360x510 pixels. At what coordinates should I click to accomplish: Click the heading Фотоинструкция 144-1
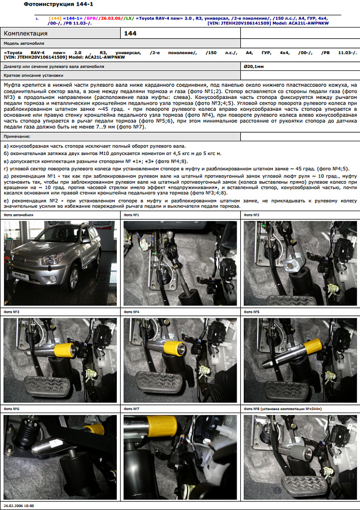click(59, 5)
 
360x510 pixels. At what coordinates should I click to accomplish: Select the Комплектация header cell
click(61, 33)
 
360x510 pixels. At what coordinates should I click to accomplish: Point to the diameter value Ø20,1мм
click(253, 66)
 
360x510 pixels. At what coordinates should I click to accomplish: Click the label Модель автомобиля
click(24, 43)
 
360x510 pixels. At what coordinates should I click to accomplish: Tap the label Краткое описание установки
click(34, 75)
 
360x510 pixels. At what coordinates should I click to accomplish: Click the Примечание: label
click(17, 137)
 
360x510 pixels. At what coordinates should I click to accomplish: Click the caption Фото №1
click(132, 215)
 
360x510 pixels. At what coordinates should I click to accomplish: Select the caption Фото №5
click(252, 312)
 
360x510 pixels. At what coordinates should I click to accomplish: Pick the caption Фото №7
click(132, 409)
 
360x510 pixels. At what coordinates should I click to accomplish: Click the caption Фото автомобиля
click(18, 215)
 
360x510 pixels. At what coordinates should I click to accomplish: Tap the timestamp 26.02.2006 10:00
click(19, 506)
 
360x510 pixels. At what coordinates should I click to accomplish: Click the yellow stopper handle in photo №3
click(65, 350)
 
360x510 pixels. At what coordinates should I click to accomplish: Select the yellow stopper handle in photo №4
click(175, 348)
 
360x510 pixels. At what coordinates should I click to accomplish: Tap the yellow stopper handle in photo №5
click(312, 347)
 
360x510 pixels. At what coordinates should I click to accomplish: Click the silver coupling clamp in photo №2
click(293, 262)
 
